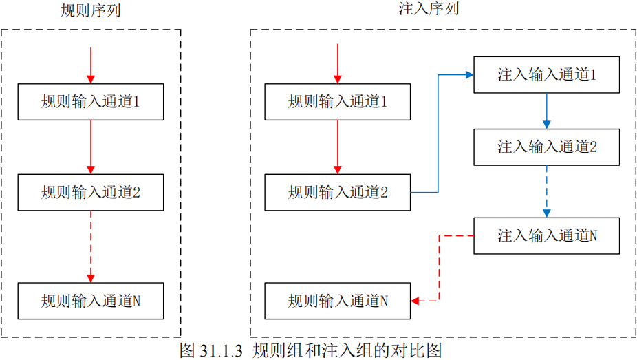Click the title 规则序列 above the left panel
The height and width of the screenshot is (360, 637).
(x=91, y=11)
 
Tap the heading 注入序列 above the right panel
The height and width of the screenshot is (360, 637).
(x=429, y=9)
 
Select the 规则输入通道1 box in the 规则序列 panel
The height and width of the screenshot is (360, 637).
(x=91, y=102)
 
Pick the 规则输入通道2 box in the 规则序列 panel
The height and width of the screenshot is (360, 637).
(x=91, y=192)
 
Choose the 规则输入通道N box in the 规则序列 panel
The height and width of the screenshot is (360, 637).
(x=91, y=301)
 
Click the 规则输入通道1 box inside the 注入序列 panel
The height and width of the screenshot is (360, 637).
(x=338, y=102)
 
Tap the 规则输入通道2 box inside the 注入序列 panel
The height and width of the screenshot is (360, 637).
(x=338, y=192)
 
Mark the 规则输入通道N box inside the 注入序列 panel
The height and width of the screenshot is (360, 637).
(x=338, y=301)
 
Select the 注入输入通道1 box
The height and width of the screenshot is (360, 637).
(x=547, y=75)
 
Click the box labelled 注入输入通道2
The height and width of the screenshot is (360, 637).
(x=547, y=146)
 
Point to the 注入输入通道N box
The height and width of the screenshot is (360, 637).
(x=547, y=235)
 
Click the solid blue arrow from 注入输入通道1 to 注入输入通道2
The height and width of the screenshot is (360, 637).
(x=547, y=111)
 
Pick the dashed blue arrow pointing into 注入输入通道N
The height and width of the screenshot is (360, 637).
(x=547, y=191)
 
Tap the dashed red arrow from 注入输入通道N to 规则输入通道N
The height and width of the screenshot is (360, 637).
(x=439, y=268)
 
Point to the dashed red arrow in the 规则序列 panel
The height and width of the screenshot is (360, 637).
(x=91, y=246)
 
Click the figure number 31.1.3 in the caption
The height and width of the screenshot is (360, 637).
(x=221, y=350)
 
